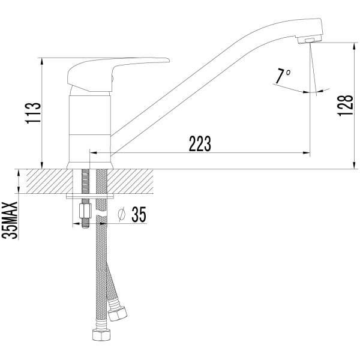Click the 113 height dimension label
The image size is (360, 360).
pyautogui.click(x=33, y=113)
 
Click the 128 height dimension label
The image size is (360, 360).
pyautogui.click(x=345, y=106)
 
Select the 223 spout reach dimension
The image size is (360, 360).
pyautogui.click(x=200, y=144)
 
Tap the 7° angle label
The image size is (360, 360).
pyautogui.click(x=283, y=76)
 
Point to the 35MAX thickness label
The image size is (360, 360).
pyautogui.click(x=10, y=220)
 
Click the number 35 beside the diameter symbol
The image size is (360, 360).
pyautogui.click(x=139, y=214)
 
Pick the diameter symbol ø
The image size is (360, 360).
pyautogui.click(x=122, y=215)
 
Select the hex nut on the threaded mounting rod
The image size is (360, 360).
pyautogui.click(x=85, y=211)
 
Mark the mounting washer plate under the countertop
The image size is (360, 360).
pyautogui.click(x=90, y=197)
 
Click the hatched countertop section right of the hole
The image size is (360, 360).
pyautogui.click(x=130, y=181)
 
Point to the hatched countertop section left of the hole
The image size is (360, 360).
pyautogui.click(x=50, y=181)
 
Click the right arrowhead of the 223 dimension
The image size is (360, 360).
pyautogui.click(x=307, y=152)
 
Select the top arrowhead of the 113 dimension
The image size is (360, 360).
pyautogui.click(x=41, y=61)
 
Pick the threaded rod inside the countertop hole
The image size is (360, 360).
pyautogui.click(x=85, y=181)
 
